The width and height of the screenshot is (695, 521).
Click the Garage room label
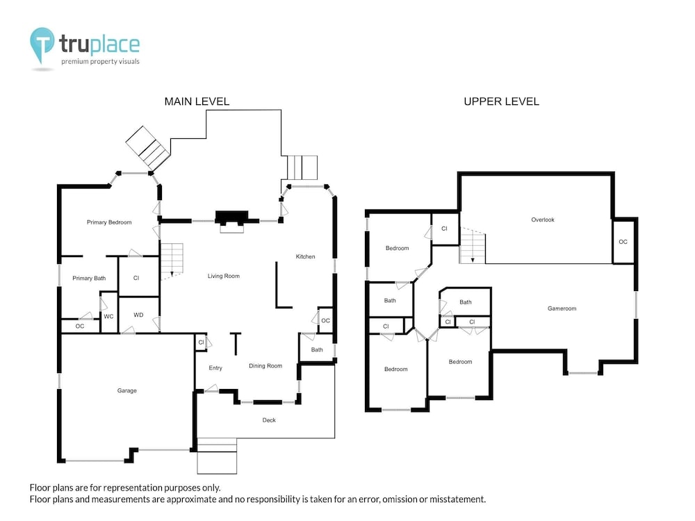[x=126, y=390]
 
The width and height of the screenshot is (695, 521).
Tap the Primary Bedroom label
[x=109, y=222]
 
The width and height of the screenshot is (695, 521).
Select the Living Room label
[x=223, y=276]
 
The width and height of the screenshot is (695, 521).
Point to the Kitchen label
[x=305, y=256]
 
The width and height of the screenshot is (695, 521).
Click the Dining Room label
[x=265, y=365]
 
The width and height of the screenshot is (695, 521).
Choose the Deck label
[x=269, y=420]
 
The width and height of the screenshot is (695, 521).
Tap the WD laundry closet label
[x=138, y=315]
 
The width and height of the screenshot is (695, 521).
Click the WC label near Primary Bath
[x=108, y=316]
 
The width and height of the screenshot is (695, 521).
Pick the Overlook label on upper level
[x=543, y=220]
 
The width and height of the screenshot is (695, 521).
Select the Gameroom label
[x=562, y=308]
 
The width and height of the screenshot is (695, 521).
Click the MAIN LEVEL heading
[x=197, y=101]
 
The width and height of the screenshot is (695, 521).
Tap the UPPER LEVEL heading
[x=501, y=101]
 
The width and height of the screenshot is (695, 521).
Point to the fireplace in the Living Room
[x=231, y=218]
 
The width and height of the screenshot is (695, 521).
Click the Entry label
[x=215, y=367]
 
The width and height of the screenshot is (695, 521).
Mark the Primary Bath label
[x=89, y=279]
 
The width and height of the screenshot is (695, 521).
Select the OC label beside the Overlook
[x=623, y=242]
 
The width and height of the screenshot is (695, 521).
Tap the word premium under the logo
[x=74, y=62]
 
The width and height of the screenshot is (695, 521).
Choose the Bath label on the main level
[x=317, y=349]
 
